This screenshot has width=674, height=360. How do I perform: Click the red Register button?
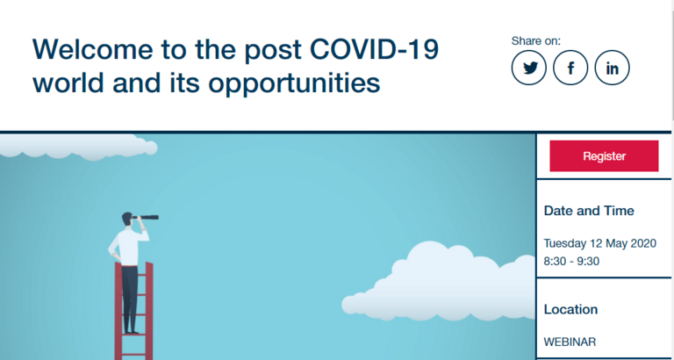tap(604, 155)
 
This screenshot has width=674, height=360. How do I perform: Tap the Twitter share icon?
tap(529, 68)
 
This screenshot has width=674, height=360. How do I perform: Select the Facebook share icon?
tap(570, 68)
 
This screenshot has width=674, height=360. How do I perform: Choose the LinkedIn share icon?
tap(612, 68)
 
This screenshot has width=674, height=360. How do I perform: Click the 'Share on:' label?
tap(536, 41)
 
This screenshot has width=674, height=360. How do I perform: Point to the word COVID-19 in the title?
tap(374, 49)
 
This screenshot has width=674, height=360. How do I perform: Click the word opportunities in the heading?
tap(295, 84)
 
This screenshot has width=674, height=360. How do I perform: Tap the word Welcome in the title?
tap(92, 49)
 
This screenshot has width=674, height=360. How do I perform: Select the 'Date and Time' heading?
tap(589, 211)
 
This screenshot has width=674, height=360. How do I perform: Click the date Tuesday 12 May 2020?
tap(600, 243)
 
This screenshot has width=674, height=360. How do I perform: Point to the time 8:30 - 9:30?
tap(571, 262)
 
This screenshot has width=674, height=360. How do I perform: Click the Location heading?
tap(570, 309)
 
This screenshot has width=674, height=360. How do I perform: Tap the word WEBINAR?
tap(570, 342)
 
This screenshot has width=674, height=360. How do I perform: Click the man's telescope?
tap(147, 217)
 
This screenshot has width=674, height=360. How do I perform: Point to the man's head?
tap(127, 219)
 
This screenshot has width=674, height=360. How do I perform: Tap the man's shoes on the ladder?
tap(131, 332)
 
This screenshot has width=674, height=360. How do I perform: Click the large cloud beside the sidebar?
tap(439, 284)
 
